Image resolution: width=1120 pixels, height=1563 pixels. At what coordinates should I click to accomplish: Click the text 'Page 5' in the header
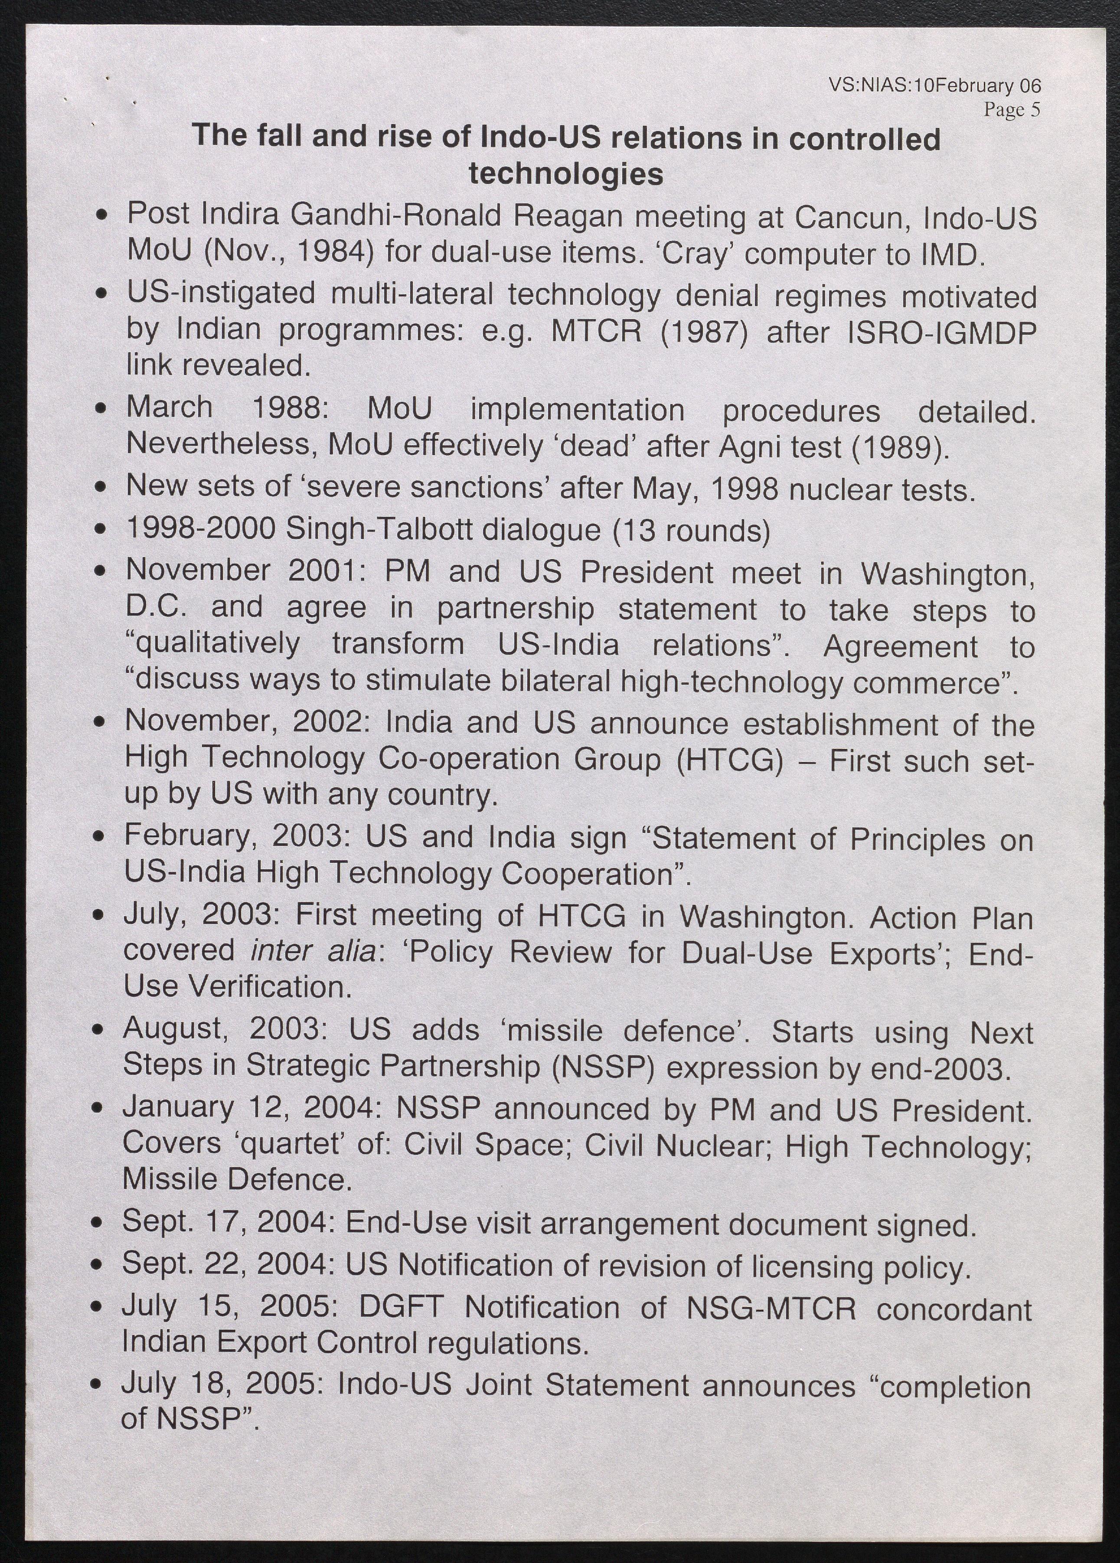tap(1011, 110)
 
